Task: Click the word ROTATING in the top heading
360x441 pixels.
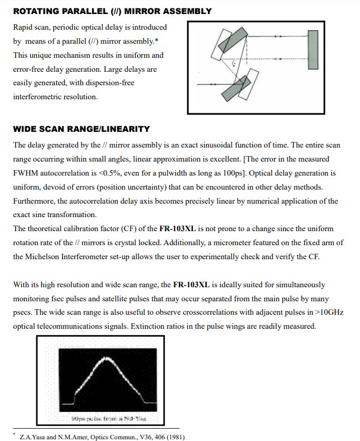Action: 35,11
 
